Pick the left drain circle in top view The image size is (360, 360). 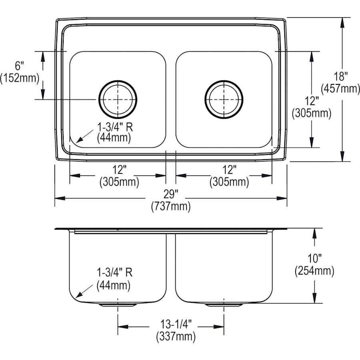click(118, 99)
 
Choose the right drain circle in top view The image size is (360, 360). click(224, 99)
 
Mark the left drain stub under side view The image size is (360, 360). click(118, 305)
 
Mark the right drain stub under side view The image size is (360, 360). click(224, 305)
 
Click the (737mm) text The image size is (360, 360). click(170, 207)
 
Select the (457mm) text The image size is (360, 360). click(340, 88)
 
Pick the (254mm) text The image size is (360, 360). click(314, 272)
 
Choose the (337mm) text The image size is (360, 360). click(176, 337)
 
